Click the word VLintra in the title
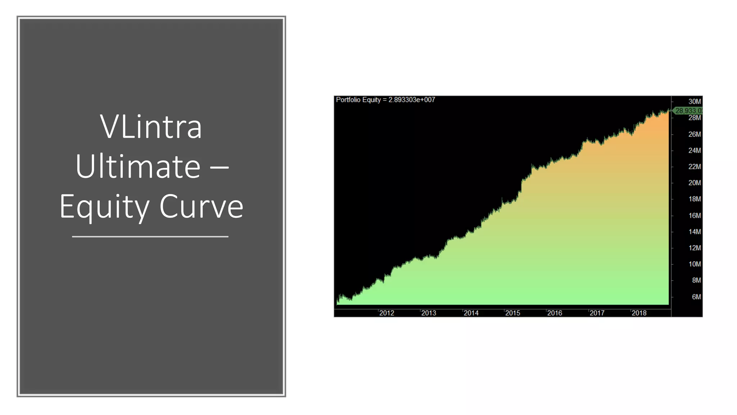tap(151, 127)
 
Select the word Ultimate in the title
tap(138, 167)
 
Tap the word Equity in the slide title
tap(104, 207)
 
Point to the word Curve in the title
tap(201, 207)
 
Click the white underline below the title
tap(150, 237)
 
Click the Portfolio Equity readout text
tap(385, 100)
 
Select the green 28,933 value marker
tap(688, 111)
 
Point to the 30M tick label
tap(695, 102)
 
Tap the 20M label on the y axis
tap(695, 183)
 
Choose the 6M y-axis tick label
tap(696, 297)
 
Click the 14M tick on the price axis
tap(695, 232)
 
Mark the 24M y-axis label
tap(695, 151)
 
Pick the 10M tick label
tap(695, 264)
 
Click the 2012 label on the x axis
tap(386, 313)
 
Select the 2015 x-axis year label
tap(512, 313)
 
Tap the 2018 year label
tap(639, 313)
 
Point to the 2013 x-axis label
tap(429, 313)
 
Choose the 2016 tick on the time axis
tap(555, 313)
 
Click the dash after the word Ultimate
tap(218, 167)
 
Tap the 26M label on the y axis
tap(695, 134)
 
